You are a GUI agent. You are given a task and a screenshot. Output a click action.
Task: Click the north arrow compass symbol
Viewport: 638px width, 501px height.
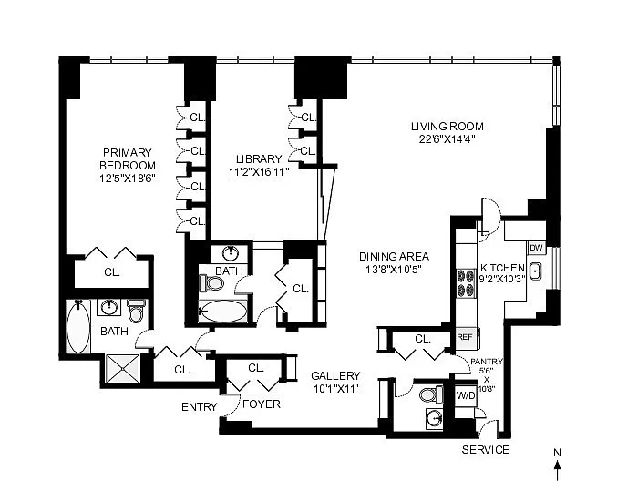point(558,465)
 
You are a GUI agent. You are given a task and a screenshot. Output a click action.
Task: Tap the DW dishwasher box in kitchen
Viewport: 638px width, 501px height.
point(536,248)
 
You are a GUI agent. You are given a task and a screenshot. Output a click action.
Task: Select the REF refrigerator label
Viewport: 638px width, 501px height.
point(465,337)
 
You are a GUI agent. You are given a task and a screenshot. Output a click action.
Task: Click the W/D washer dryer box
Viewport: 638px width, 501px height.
point(466,394)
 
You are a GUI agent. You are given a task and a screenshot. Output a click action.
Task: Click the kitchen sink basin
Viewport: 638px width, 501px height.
point(536,270)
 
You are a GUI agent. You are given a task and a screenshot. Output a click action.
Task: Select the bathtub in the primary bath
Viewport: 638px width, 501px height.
point(78,326)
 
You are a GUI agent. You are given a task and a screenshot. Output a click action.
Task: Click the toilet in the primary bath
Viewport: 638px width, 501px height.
point(136,312)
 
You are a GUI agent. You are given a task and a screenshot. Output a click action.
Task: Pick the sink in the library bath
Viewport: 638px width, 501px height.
point(231,254)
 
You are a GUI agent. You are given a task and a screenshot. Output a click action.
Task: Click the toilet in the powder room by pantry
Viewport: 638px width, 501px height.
point(431,394)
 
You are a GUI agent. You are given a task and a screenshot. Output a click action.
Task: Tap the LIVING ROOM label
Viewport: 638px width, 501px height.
point(448,127)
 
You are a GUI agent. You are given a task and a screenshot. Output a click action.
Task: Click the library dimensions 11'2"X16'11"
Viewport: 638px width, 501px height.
point(259,171)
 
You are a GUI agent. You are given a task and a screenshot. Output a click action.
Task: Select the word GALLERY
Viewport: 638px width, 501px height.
point(335,375)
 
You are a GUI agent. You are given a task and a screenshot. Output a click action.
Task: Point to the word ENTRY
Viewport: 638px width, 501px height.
point(200,406)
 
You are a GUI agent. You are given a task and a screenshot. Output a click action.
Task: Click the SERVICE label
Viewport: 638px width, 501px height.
point(486,449)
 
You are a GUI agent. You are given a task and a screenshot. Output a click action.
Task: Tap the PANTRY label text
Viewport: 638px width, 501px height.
point(487,362)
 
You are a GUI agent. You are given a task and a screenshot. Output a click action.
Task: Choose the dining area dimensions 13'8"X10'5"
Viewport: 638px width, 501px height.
point(390,270)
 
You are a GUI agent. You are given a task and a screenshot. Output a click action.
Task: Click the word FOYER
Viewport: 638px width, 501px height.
point(262,404)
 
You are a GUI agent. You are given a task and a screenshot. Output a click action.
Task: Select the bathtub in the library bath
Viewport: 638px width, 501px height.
point(223,312)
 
